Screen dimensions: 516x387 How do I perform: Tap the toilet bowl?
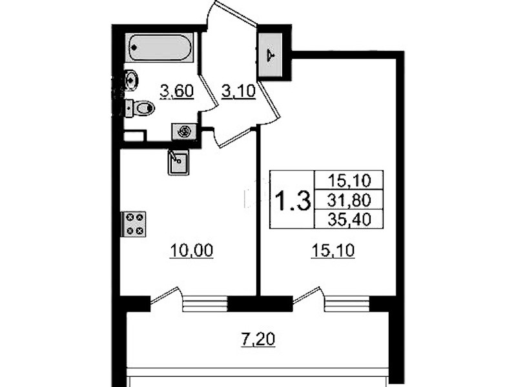coord(139,108)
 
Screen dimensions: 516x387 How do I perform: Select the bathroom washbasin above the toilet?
coord(131,79)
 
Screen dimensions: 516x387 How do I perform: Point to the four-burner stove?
coord(134,224)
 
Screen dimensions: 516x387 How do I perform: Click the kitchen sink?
coord(178,162)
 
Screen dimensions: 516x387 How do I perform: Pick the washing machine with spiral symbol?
coord(184,132)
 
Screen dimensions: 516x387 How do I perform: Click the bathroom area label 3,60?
coord(177,91)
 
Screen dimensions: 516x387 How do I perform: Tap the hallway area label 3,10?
coord(238,91)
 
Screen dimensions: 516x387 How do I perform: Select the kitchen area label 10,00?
coord(192,250)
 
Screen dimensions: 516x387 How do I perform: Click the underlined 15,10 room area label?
coord(333,250)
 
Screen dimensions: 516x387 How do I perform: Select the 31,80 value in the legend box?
coord(349,200)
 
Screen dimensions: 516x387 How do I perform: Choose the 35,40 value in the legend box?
coord(349,219)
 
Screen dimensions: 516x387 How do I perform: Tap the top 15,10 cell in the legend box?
coord(349,180)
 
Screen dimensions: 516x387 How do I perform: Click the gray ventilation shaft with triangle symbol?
coord(271,55)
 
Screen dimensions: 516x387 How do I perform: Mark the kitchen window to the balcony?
coord(205,304)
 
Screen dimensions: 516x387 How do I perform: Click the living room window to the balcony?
coord(347,304)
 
